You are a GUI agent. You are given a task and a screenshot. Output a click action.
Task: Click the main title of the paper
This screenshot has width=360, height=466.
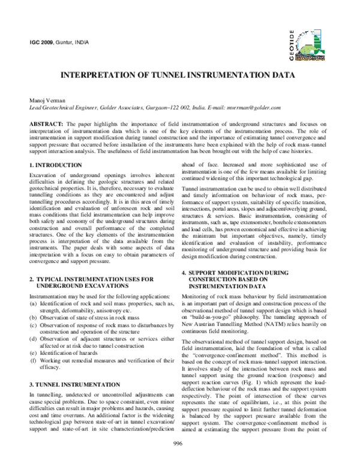coord(180,77)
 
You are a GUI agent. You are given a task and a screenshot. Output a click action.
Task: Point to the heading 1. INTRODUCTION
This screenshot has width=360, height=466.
coord(47,165)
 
